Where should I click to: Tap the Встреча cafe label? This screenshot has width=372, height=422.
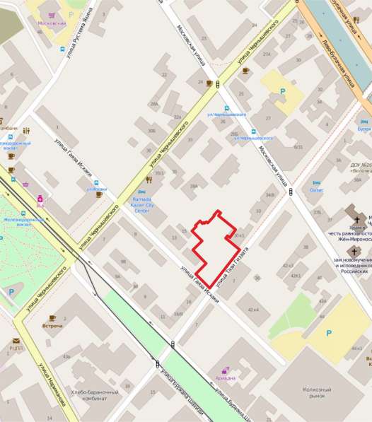pyautogui.click(x=52, y=326)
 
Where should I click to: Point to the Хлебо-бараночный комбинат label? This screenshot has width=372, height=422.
pyautogui.click(x=88, y=396)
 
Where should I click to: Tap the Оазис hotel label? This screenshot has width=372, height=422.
pyautogui.click(x=317, y=189)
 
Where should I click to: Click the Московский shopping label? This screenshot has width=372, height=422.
pyautogui.click(x=52, y=23)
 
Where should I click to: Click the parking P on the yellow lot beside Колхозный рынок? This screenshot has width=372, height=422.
pyautogui.click(x=328, y=333)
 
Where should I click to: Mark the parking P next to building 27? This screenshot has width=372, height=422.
pyautogui.click(x=284, y=91)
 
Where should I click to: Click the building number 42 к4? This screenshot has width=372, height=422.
pyautogui.click(x=253, y=310)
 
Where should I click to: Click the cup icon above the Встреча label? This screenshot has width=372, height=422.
pyautogui.click(x=52, y=317)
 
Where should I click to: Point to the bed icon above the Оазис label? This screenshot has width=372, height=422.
pyautogui.click(x=317, y=181)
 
